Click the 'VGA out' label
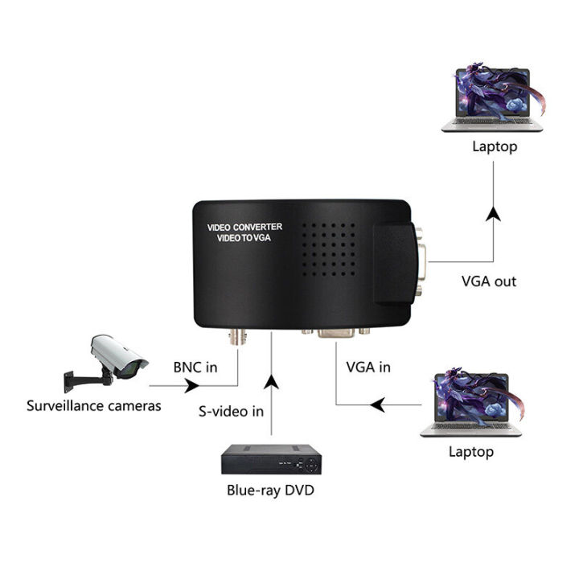[x=489, y=281]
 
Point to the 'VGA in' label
[x=368, y=367]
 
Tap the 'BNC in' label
[x=195, y=367]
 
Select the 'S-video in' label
[x=231, y=411]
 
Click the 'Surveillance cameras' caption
[x=93, y=405]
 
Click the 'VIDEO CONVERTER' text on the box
[x=244, y=228]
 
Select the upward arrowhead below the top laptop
[x=493, y=214]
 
